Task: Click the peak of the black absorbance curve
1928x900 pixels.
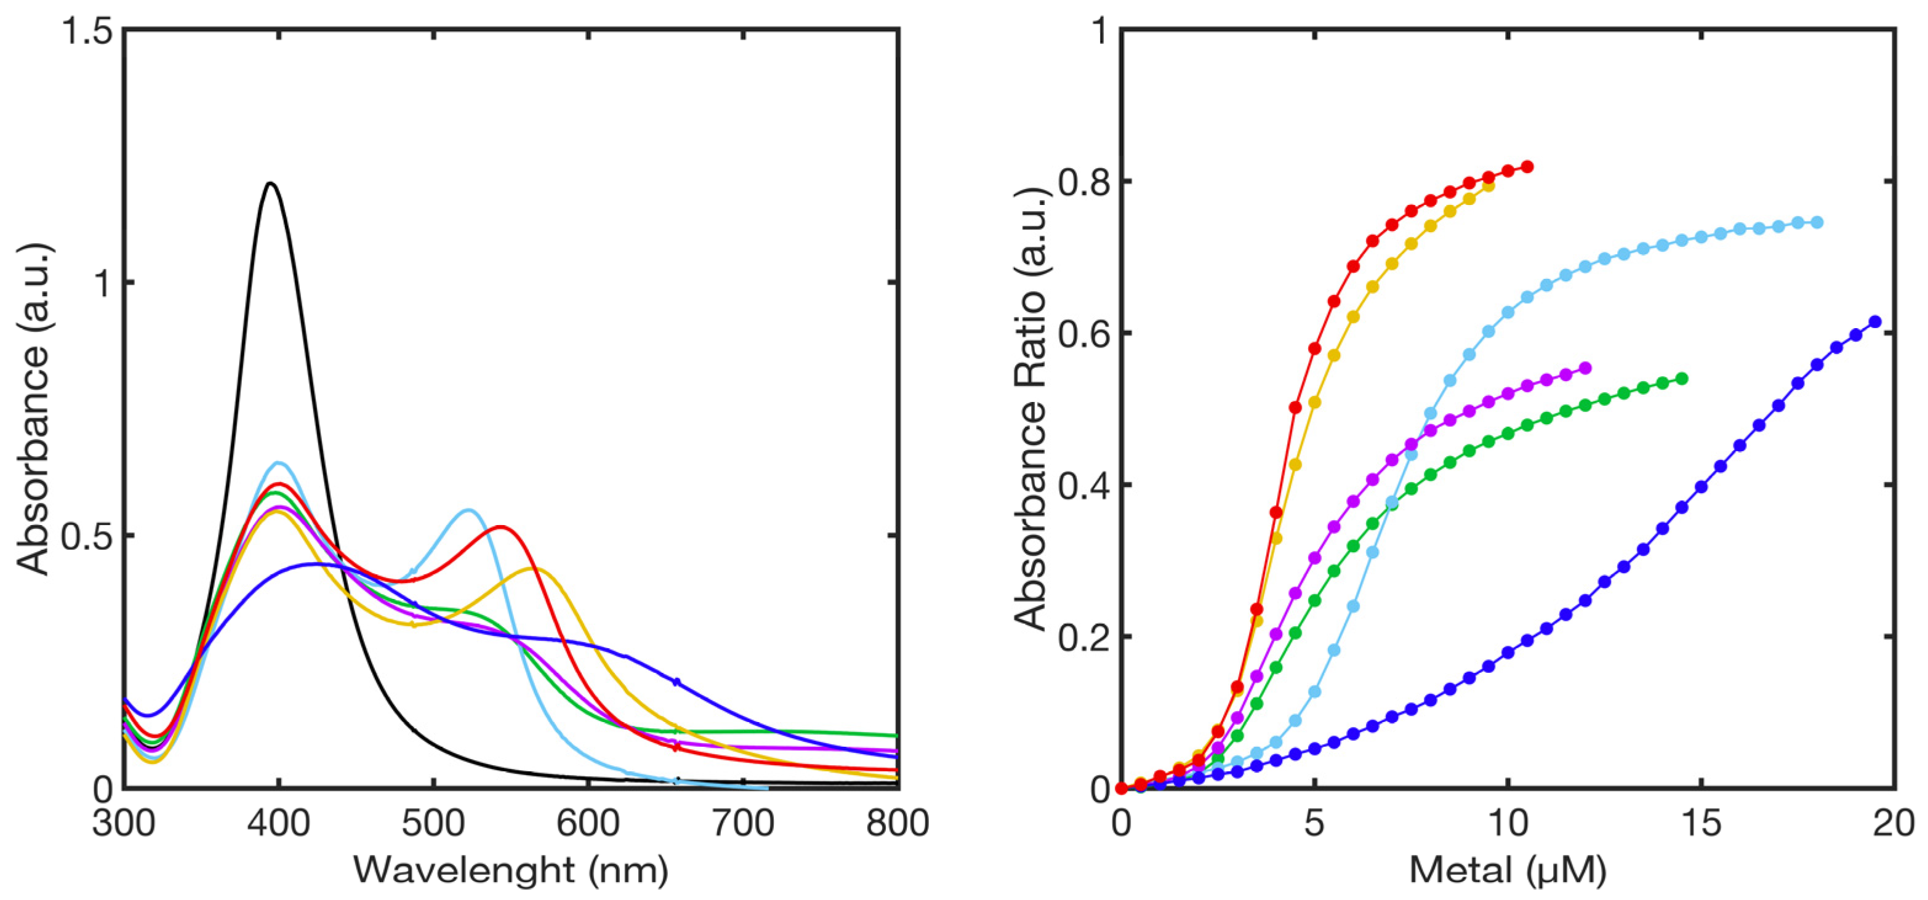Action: [270, 183]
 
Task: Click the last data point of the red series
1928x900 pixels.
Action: [1528, 167]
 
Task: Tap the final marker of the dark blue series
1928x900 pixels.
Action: [1875, 322]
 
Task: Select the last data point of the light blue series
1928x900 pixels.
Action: [1817, 222]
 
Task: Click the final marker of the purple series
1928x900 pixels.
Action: [1585, 368]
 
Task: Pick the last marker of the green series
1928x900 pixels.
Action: [1682, 379]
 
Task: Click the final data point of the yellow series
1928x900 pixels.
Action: [1488, 185]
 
